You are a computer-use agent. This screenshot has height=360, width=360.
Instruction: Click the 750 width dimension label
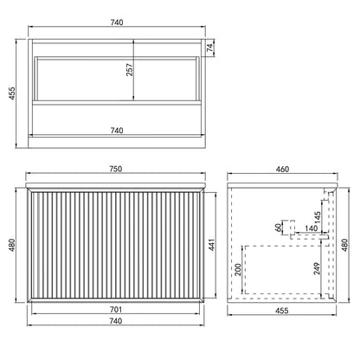pyautogui.click(x=115, y=169)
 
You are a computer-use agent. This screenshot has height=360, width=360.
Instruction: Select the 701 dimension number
pyautogui.click(x=115, y=310)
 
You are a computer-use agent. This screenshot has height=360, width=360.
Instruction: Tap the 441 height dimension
pyautogui.click(x=212, y=245)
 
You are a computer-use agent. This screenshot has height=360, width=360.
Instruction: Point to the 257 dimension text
pyautogui.click(x=130, y=69)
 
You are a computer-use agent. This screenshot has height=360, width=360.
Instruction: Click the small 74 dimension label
pyautogui.click(x=210, y=48)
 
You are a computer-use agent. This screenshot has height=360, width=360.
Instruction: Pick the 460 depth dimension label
pyautogui.click(x=282, y=169)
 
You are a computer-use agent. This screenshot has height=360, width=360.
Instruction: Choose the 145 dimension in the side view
pyautogui.click(x=318, y=218)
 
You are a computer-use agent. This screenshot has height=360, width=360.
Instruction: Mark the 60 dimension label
pyautogui.click(x=279, y=227)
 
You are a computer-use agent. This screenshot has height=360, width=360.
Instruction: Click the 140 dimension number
pyautogui.click(x=311, y=228)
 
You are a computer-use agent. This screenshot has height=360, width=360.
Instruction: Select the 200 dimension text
pyautogui.click(x=238, y=269)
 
